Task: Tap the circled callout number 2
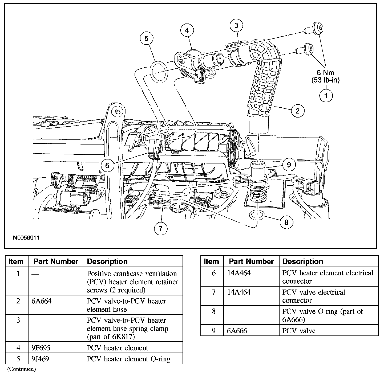click(x=297, y=111)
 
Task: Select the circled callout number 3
click(x=236, y=26)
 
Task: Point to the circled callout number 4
click(x=187, y=30)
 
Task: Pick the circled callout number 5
click(x=147, y=38)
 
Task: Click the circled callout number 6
click(x=107, y=165)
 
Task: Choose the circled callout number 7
click(x=161, y=228)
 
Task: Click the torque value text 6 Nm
click(x=325, y=73)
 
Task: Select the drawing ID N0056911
click(x=26, y=238)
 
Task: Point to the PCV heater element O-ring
click(x=159, y=71)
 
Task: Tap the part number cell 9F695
click(x=41, y=348)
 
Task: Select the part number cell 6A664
click(x=41, y=301)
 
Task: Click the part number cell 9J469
click(x=40, y=359)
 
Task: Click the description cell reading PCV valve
click(x=299, y=331)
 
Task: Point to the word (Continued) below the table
click(x=21, y=369)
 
